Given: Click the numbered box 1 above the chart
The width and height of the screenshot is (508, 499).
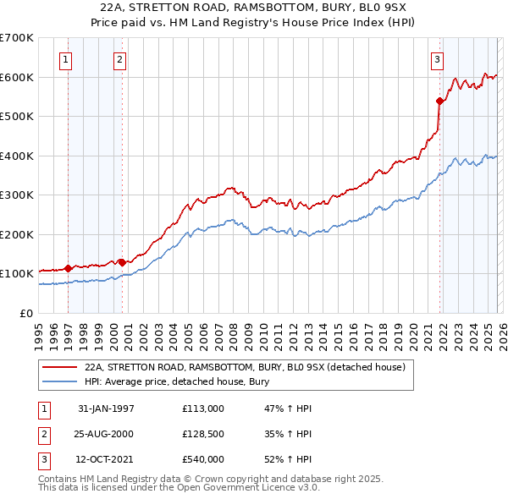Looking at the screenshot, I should pos(66,59).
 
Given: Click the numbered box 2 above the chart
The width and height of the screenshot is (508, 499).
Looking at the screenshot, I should pos(120,59).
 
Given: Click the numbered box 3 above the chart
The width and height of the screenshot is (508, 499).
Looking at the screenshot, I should pos(437,59).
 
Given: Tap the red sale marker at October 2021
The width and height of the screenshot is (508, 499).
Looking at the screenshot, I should pos(440,101).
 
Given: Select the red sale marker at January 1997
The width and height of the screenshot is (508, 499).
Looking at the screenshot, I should pos(69,268).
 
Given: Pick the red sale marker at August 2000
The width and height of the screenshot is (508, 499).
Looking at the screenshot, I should pos(122,262).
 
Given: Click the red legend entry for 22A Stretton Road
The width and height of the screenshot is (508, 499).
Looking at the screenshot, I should pos(246,367).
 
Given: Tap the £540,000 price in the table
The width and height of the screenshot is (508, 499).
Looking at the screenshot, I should pos(203,459).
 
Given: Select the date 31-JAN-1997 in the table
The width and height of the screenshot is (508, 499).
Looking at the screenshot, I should pos(106,409).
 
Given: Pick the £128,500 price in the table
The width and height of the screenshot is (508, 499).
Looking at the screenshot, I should pos(203,434).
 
